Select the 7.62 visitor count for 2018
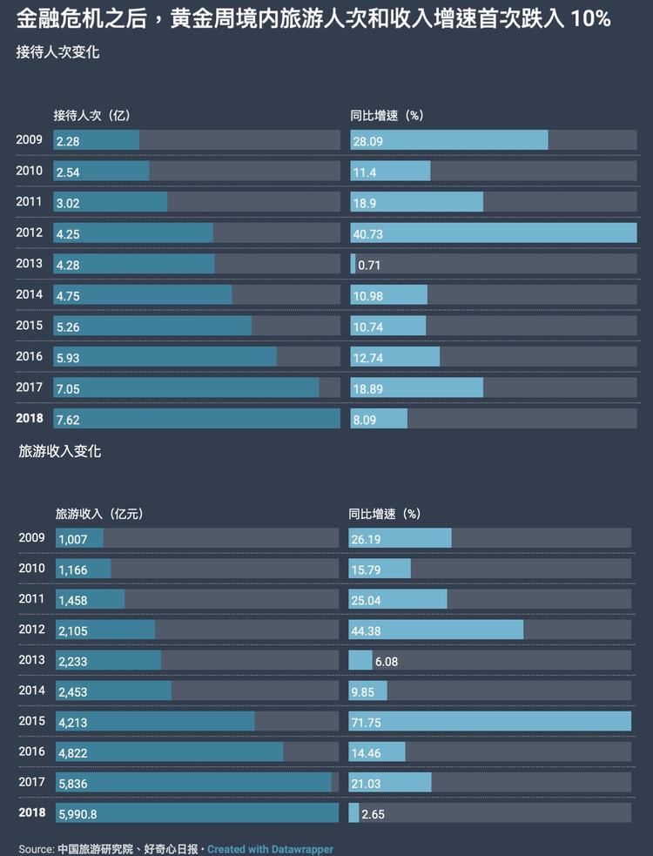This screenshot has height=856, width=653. click(68, 420)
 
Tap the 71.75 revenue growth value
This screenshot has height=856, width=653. click(367, 723)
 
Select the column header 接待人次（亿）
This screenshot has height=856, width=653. click(91, 115)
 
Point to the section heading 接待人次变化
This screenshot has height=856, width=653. click(57, 52)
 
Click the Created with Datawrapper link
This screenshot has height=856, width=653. click(270, 849)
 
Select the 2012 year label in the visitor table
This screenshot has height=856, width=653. click(29, 233)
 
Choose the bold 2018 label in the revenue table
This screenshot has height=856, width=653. click(32, 812)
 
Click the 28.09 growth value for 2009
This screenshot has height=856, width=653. click(368, 141)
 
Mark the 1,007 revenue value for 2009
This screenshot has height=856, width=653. click(73, 540)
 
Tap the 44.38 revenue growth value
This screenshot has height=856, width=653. click(367, 631)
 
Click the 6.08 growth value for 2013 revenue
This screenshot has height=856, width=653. click(387, 662)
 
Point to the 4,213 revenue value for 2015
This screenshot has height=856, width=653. click(73, 723)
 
